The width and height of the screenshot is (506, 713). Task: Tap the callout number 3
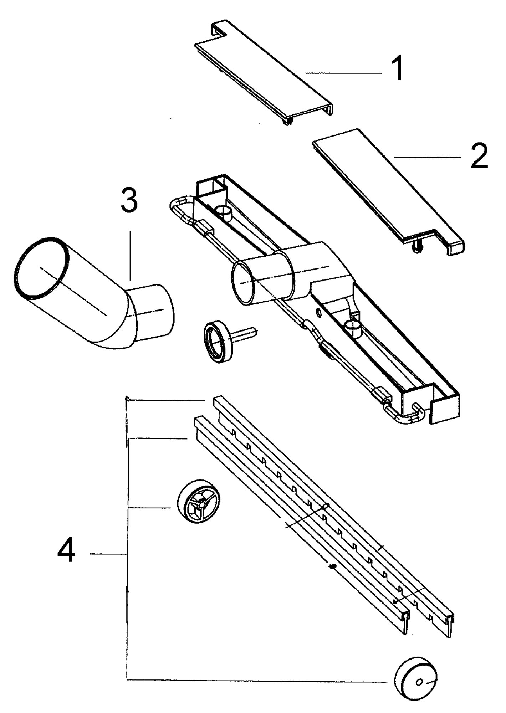[129, 201]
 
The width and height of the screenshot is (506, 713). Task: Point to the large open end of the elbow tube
[40, 267]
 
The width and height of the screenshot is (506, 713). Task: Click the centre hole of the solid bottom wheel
[419, 682]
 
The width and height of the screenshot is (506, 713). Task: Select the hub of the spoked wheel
[202, 504]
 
